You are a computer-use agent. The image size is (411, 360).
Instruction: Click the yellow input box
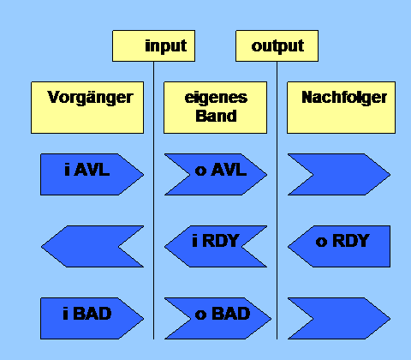[154, 45]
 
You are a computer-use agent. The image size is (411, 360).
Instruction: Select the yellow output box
[277, 45]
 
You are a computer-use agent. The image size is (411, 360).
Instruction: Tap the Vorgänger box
[87, 107]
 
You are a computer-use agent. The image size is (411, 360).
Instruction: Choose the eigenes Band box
[216, 107]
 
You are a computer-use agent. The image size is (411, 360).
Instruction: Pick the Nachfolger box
[341, 107]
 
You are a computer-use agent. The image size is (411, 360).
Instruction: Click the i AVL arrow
[92, 175]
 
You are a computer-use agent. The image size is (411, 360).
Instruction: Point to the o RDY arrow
[339, 247]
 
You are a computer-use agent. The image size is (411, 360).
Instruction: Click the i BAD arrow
[92, 319]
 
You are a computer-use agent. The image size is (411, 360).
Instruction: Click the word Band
[216, 116]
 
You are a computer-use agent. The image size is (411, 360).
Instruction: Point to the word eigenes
[216, 98]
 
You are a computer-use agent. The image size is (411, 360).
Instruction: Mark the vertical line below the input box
[154, 201]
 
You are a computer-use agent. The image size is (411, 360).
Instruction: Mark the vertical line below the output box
[277, 201]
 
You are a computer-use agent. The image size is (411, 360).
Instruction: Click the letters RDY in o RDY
[351, 241]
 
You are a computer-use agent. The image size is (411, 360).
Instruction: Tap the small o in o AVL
[200, 171]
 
